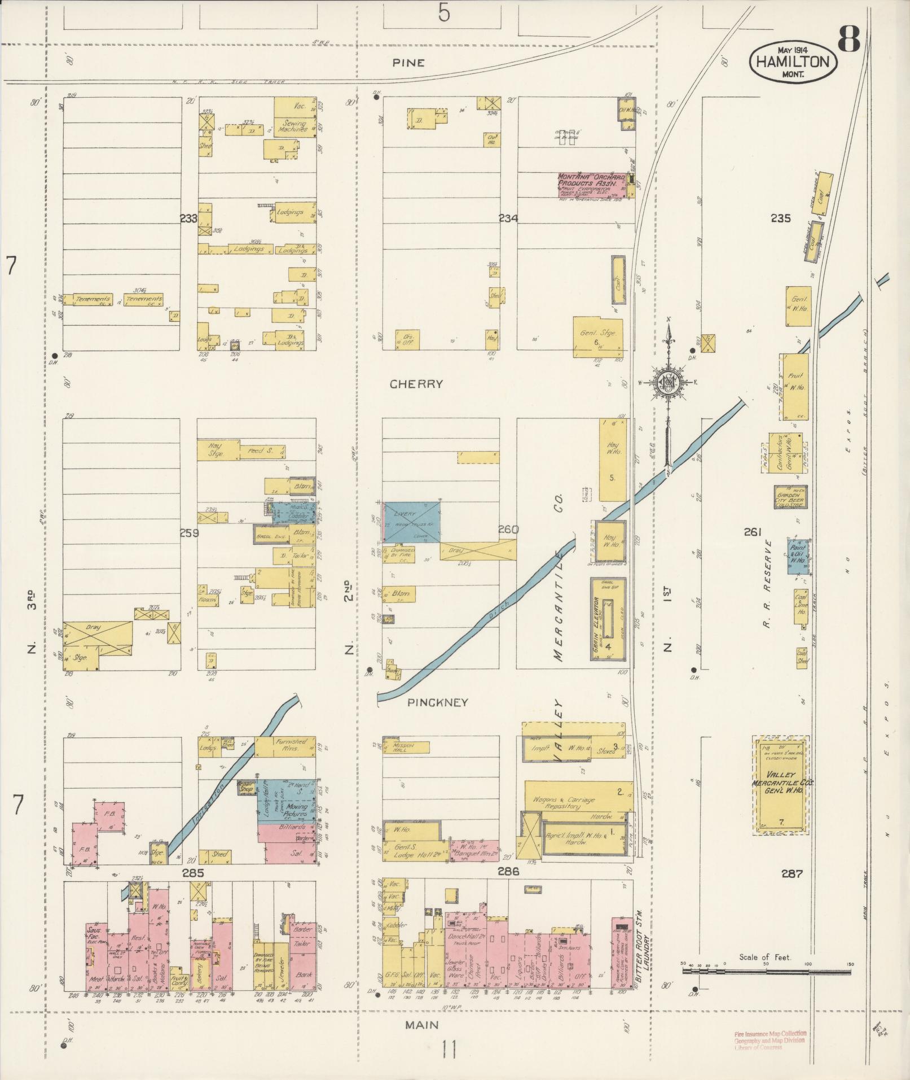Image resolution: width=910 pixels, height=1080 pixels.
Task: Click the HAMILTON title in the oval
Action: click(793, 62)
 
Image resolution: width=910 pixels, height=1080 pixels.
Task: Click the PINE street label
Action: click(409, 63)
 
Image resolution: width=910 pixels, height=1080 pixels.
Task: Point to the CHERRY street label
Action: click(416, 384)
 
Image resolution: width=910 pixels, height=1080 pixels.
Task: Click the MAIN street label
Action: click(421, 1024)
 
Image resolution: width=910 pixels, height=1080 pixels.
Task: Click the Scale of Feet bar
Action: click(766, 972)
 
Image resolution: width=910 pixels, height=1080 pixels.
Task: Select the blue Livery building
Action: click(412, 523)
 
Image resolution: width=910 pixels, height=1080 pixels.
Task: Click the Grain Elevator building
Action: click(608, 619)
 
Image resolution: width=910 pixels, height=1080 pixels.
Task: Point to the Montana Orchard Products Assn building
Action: click(591, 185)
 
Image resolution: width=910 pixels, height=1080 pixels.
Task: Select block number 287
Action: click(792, 874)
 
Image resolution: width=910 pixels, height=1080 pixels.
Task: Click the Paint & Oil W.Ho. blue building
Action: click(798, 557)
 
